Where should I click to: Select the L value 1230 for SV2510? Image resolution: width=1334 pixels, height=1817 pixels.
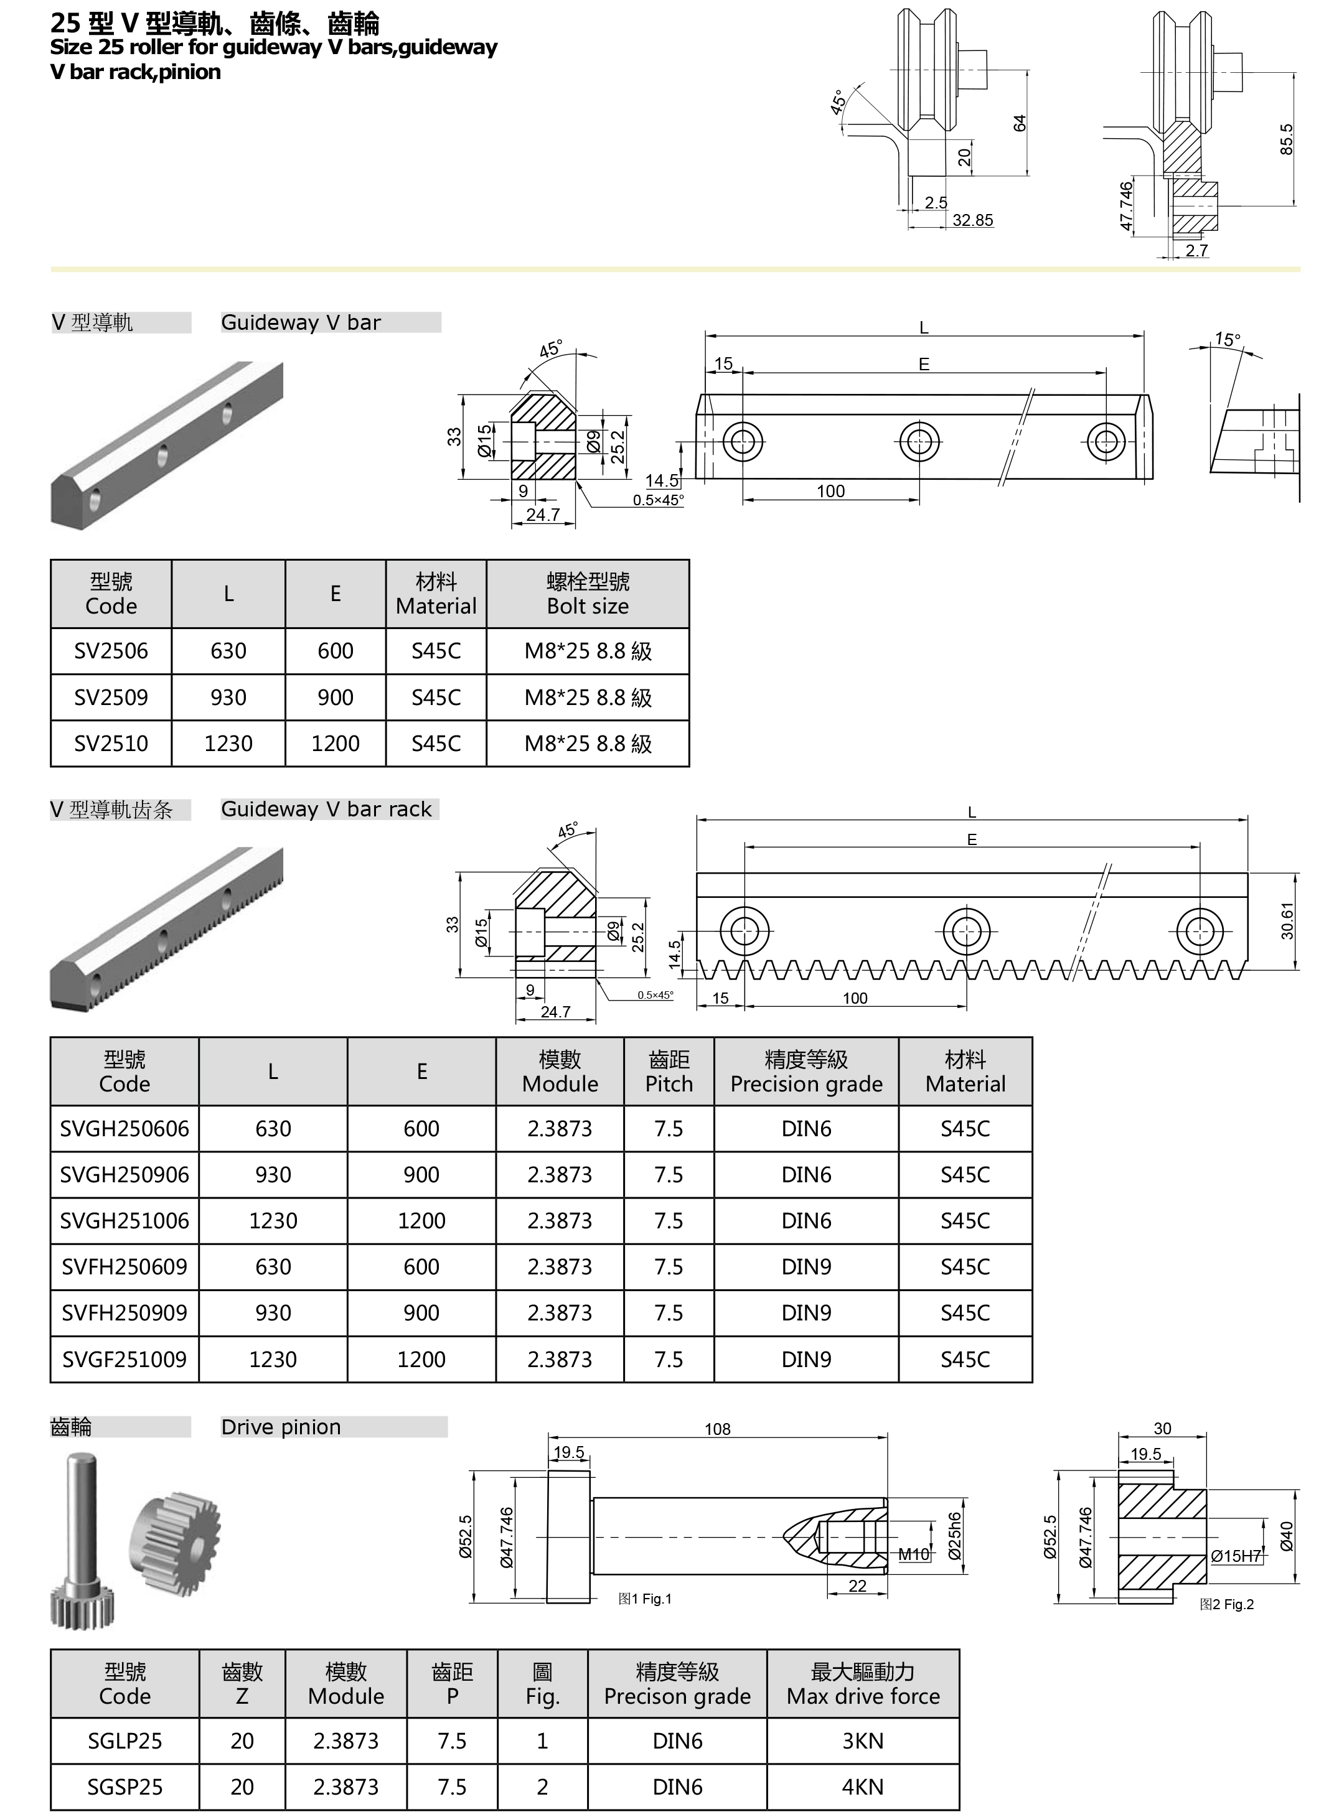pos(228,744)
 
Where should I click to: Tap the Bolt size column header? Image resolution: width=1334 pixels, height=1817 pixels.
pos(587,594)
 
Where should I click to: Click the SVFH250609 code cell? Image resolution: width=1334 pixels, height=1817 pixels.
pos(124,1266)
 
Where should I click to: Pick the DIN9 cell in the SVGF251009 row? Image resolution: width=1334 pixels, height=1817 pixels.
pos(806,1359)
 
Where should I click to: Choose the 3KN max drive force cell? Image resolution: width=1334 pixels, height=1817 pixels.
pos(862,1741)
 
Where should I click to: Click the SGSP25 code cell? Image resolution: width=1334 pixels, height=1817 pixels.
pos(124,1787)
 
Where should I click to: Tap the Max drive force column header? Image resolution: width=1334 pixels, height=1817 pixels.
pos(862,1684)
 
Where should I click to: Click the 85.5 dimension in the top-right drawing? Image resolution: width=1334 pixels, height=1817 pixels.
pos(1286,139)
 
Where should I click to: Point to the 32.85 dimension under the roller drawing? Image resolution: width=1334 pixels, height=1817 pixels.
pos(972,220)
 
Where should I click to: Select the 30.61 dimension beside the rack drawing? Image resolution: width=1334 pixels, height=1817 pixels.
pos(1287,920)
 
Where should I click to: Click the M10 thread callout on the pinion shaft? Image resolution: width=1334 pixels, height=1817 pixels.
pos(913,1554)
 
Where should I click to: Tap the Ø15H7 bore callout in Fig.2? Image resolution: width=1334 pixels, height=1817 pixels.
pos(1236,1556)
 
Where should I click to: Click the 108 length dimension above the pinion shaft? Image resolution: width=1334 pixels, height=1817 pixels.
pos(717,1429)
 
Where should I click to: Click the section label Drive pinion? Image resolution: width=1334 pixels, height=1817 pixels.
pos(281,1427)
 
